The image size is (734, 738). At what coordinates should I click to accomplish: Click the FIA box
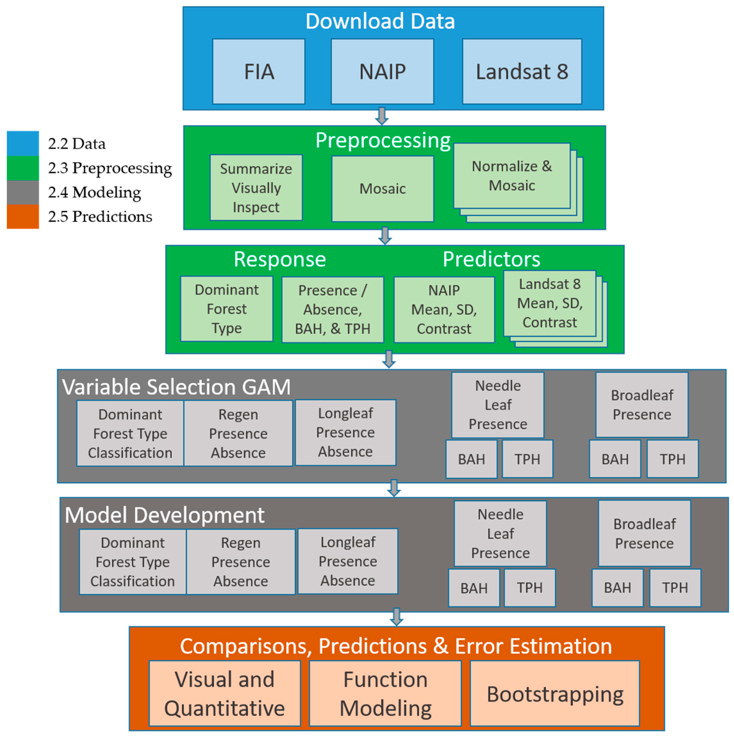click(x=258, y=71)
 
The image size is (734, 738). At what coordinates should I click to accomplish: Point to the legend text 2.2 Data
click(x=77, y=144)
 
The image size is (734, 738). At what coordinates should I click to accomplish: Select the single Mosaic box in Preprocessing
click(x=382, y=188)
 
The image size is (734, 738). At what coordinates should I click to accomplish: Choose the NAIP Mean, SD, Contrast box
click(x=444, y=310)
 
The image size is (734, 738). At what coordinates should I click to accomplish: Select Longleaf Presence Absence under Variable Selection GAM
click(x=345, y=432)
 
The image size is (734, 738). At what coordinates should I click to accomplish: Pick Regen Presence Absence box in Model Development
click(x=241, y=562)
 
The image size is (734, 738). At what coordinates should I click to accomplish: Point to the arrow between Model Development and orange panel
click(x=396, y=616)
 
